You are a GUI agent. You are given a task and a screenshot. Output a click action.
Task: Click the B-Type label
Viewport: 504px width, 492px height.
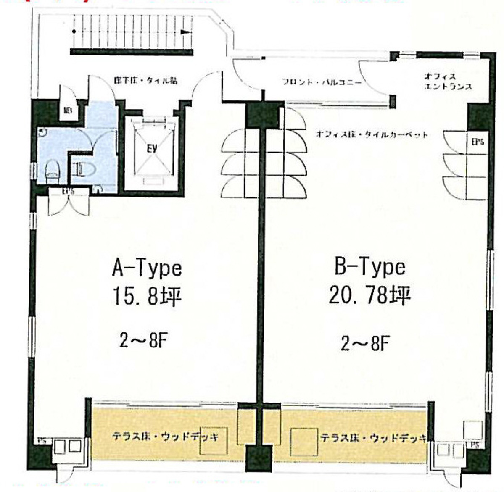[x=370, y=267]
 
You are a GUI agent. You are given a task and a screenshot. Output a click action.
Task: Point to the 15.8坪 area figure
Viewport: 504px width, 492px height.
[x=147, y=296]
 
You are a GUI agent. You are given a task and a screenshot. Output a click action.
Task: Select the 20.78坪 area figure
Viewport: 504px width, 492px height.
[x=369, y=295]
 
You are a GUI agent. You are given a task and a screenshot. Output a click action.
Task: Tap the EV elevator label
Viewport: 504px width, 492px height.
[x=152, y=148]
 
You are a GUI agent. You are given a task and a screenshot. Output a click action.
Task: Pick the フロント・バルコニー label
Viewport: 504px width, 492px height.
[x=322, y=82]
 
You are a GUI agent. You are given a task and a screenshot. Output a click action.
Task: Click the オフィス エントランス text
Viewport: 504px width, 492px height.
[x=448, y=82]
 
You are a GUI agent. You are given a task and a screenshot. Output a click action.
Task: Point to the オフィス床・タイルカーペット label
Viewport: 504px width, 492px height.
[x=372, y=135]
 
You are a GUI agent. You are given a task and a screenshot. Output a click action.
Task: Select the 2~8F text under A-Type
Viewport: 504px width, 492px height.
[x=144, y=341]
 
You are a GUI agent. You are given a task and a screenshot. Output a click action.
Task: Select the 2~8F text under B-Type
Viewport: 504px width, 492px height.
[x=365, y=344]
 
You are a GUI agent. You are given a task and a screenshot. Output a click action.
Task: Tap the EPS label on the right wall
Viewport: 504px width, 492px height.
[x=478, y=142]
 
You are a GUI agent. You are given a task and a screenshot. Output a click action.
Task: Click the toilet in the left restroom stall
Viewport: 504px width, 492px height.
[x=52, y=170]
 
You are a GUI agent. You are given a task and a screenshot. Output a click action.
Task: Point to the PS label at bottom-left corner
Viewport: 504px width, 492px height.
[x=42, y=441]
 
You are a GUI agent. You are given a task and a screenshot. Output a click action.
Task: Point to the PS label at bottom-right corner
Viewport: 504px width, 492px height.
[x=475, y=444]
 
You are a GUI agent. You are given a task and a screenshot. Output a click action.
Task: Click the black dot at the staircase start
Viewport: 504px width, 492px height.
[x=74, y=32]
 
